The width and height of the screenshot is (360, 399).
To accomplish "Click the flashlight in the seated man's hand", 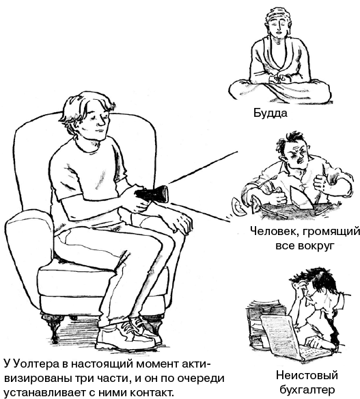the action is [x=152, y=195].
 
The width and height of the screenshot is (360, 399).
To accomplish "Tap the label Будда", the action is [x=271, y=113].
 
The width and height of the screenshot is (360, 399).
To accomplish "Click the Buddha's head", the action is [x=278, y=23].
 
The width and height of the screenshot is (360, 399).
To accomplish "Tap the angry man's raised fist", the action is [x=322, y=182].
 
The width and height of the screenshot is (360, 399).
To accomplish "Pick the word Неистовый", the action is [x=307, y=375].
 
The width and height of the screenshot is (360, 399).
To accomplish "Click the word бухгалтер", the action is [x=306, y=389].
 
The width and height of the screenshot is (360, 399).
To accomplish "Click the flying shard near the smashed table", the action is [x=237, y=206].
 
